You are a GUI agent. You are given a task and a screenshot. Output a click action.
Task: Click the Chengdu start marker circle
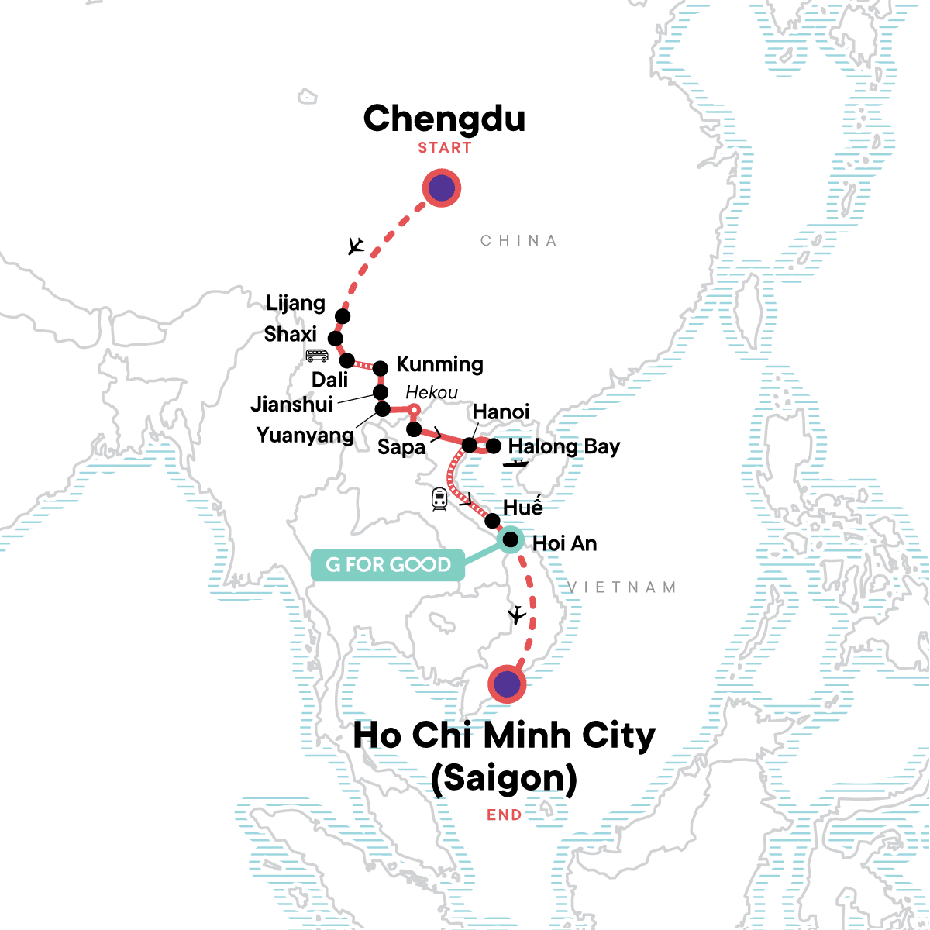pyautogui.click(x=442, y=188)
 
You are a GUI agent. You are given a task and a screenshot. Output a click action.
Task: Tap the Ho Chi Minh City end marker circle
pyautogui.click(x=507, y=684)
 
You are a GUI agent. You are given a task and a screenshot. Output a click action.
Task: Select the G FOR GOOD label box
pyautogui.click(x=387, y=565)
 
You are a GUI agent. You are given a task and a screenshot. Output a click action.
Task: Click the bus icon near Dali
pyautogui.click(x=317, y=356)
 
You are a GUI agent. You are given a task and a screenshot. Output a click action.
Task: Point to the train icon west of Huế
pyautogui.click(x=439, y=499)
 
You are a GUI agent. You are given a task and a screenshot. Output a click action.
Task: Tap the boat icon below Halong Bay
pyautogui.click(x=515, y=463)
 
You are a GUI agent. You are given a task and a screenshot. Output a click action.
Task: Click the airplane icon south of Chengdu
pyautogui.click(x=356, y=246)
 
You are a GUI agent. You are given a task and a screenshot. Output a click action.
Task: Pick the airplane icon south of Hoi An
pyautogui.click(x=516, y=616)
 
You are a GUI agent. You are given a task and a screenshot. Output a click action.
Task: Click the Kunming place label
pyautogui.click(x=439, y=364)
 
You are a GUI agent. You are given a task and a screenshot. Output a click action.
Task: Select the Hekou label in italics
pyautogui.click(x=432, y=393)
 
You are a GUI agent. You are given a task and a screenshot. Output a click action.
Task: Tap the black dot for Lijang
pyautogui.click(x=343, y=316)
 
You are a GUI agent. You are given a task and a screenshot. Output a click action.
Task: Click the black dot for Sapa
pyautogui.click(x=414, y=429)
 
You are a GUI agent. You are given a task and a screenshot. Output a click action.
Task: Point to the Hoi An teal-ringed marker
pyautogui.click(x=511, y=539)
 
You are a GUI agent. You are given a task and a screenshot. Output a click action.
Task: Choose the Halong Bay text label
pyautogui.click(x=564, y=446)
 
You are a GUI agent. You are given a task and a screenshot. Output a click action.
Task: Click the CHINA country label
pyautogui.click(x=518, y=241)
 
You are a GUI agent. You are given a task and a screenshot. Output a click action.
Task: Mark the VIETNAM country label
pyautogui.click(x=622, y=587)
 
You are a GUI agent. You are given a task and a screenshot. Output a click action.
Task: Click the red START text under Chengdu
pyautogui.click(x=445, y=148)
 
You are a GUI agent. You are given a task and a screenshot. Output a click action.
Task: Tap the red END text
pyautogui.click(x=504, y=815)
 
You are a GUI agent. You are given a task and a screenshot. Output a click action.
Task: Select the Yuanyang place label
pyautogui.click(x=305, y=436)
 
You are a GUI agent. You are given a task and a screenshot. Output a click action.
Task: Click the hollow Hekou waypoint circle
pyautogui.click(x=414, y=409)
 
